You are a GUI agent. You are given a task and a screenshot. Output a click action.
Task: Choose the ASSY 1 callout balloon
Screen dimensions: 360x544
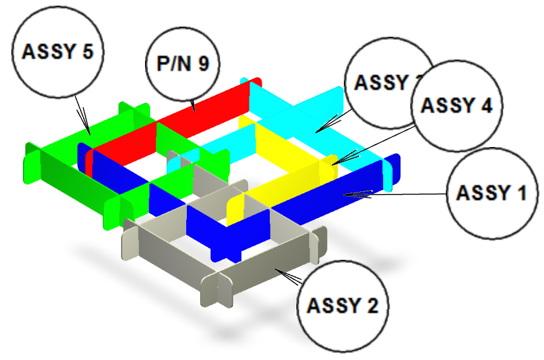(x=491, y=192)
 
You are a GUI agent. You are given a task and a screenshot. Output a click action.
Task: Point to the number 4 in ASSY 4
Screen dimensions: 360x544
(x=486, y=105)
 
